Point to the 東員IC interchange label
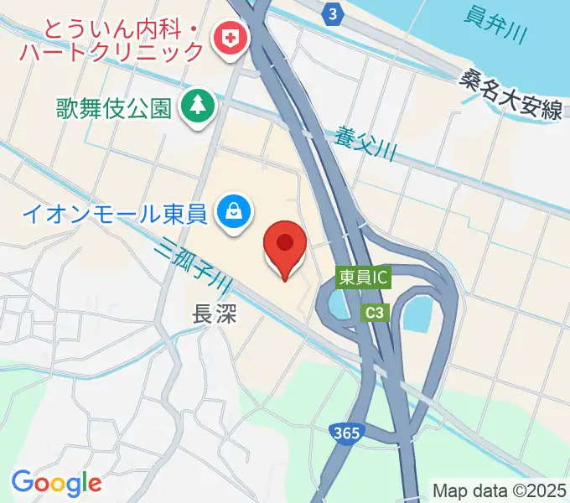[x=364, y=277]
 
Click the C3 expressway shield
[x=376, y=312]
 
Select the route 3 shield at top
[x=334, y=14]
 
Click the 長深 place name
[x=215, y=314]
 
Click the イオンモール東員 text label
[x=114, y=215]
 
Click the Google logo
[x=56, y=483]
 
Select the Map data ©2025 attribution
[x=500, y=490]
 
